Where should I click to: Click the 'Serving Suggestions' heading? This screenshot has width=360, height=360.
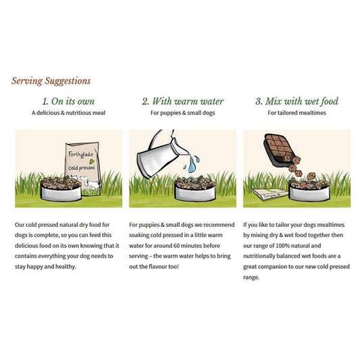point(51,81)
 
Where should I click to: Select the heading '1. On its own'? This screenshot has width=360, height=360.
point(68,101)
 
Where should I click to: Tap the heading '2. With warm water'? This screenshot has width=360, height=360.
point(183,101)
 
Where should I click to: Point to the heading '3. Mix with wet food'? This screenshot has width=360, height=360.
point(297,101)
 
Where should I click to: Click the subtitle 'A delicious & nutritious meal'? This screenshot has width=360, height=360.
point(68,113)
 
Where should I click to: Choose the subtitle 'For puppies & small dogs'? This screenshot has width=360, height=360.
point(183,113)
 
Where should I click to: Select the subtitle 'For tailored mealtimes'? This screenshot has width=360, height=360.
point(297,113)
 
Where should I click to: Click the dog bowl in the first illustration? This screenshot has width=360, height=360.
point(61,188)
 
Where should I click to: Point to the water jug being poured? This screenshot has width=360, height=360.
point(161,154)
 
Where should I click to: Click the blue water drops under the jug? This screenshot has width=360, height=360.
point(191,163)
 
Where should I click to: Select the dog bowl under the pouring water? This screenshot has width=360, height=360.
point(195,188)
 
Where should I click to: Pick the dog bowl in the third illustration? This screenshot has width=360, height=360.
point(309,188)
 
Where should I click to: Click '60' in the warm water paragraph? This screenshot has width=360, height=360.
point(176,246)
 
